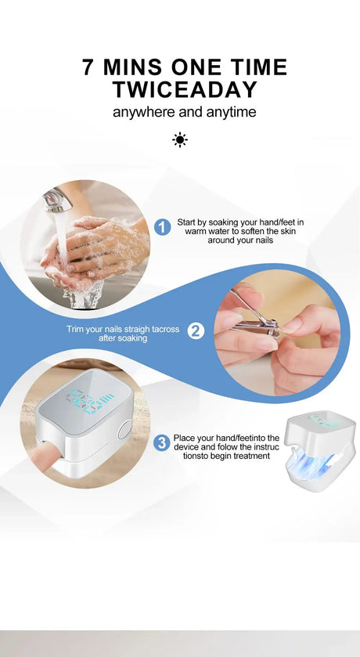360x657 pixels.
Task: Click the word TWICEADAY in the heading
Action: coord(184,88)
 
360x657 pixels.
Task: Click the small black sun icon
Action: coord(180,140)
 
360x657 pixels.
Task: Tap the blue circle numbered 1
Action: coord(163,227)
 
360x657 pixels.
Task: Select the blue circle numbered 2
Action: coord(196,331)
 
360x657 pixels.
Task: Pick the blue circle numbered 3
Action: coord(161,443)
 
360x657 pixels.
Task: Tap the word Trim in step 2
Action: coord(76,329)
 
